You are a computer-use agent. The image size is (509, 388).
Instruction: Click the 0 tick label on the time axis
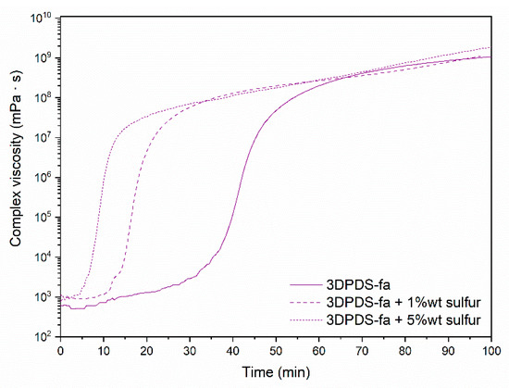tap(60, 353)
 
